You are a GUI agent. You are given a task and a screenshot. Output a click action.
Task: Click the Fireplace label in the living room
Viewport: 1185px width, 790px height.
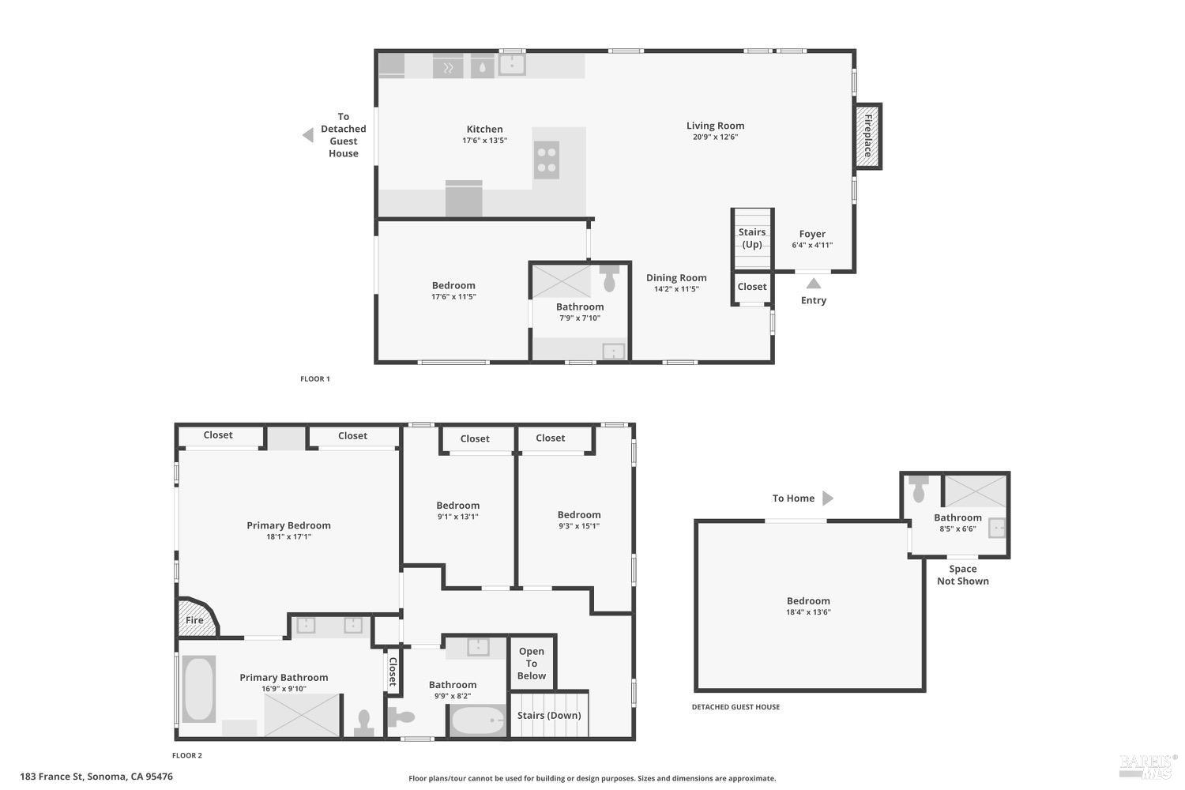pyautogui.click(x=867, y=136)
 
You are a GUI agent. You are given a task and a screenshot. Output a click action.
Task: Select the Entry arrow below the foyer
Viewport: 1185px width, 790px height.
pyautogui.click(x=813, y=284)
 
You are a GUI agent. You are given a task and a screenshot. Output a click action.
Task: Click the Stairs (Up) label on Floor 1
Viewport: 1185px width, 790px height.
pyautogui.click(x=752, y=238)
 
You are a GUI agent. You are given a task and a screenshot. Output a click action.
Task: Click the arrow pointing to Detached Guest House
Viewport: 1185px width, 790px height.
pyautogui.click(x=308, y=135)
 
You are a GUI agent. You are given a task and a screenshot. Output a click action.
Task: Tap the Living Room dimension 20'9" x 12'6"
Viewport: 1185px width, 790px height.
pyautogui.click(x=715, y=137)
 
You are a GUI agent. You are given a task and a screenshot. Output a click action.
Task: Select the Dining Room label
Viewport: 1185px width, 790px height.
pyautogui.click(x=676, y=277)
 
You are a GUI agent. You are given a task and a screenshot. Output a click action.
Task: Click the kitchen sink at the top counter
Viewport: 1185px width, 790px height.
pyautogui.click(x=512, y=65)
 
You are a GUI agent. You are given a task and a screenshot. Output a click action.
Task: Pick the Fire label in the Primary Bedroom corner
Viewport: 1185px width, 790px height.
pyautogui.click(x=194, y=620)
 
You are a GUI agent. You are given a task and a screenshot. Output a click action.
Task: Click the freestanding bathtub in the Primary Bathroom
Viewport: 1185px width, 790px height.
pyautogui.click(x=198, y=689)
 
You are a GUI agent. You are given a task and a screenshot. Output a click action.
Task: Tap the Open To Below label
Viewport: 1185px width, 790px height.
pyautogui.click(x=532, y=664)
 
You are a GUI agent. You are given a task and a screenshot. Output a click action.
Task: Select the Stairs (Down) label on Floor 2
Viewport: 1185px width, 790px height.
pyautogui.click(x=549, y=715)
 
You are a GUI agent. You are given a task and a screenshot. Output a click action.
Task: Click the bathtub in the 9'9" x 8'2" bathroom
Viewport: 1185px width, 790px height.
pyautogui.click(x=477, y=720)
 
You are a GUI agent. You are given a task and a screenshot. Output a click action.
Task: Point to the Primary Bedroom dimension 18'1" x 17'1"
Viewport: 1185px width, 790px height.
pyautogui.click(x=288, y=536)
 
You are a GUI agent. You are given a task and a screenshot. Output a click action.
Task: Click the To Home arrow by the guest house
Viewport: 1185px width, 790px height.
pyautogui.click(x=828, y=498)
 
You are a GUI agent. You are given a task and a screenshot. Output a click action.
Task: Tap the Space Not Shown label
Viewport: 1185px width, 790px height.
pyautogui.click(x=962, y=574)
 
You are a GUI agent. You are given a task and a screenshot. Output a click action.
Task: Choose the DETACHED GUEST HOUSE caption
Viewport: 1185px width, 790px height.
pyautogui.click(x=735, y=707)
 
